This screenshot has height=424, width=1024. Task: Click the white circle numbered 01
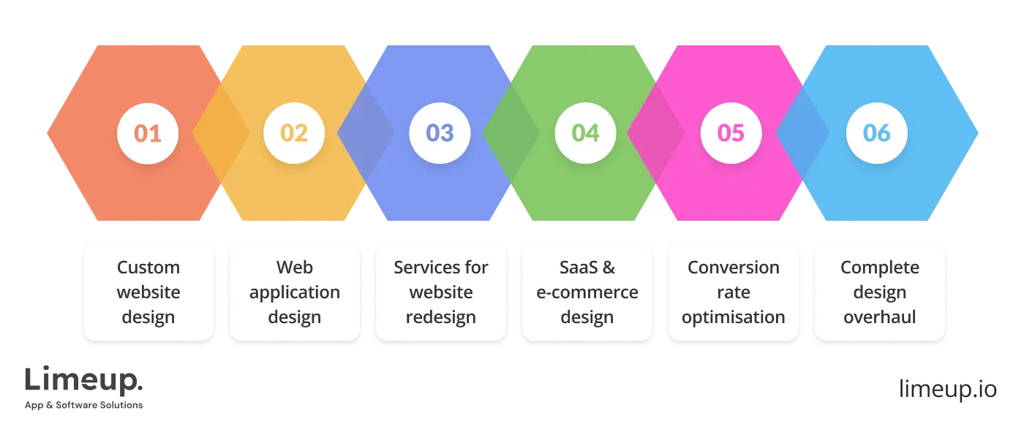pos(148,133)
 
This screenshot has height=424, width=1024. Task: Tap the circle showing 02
pos(293,133)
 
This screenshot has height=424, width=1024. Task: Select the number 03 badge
pos(440,133)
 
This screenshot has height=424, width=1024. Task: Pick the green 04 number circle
pos(585,133)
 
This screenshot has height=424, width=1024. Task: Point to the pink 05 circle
pos(731,133)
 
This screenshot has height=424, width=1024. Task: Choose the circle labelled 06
pos(876,133)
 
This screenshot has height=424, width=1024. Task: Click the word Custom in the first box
pos(148,268)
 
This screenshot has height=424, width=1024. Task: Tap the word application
pos(295,292)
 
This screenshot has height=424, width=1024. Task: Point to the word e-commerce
pos(587,292)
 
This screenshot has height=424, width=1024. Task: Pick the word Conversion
pos(734,268)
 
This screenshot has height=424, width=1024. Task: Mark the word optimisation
pos(734,317)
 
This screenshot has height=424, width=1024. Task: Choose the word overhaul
pos(880,317)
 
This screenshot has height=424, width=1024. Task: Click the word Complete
pos(880,268)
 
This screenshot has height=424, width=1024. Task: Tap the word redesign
pos(441,317)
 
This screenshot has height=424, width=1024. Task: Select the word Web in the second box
pos(295,268)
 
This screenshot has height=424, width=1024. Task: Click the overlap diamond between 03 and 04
pos(511,134)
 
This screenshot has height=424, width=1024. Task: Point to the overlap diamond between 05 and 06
pos(802,134)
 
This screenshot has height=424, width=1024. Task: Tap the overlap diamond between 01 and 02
pos(220,134)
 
